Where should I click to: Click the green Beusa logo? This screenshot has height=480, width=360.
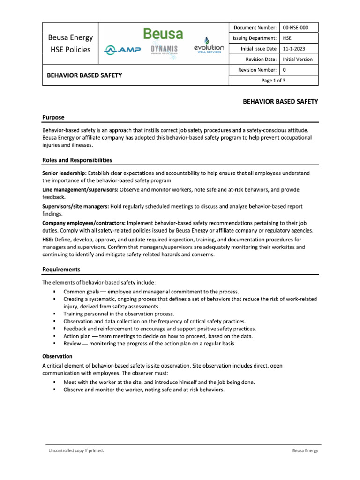point(163,34)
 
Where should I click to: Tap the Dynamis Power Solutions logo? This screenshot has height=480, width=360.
point(164,50)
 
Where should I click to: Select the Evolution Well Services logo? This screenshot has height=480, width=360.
point(209,47)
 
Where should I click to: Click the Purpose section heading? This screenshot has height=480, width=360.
point(53,117)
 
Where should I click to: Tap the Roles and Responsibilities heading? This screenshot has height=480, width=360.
point(77,160)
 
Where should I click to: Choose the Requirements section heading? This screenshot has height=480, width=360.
point(61,270)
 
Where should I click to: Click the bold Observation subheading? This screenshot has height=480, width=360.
point(57,356)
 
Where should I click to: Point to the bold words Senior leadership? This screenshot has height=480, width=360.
point(64,173)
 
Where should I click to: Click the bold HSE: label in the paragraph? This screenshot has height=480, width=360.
point(49,240)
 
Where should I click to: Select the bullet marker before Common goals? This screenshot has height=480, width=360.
point(55,292)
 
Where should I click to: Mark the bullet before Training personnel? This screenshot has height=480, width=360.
point(55,314)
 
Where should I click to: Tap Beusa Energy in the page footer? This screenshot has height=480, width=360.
point(305,450)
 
